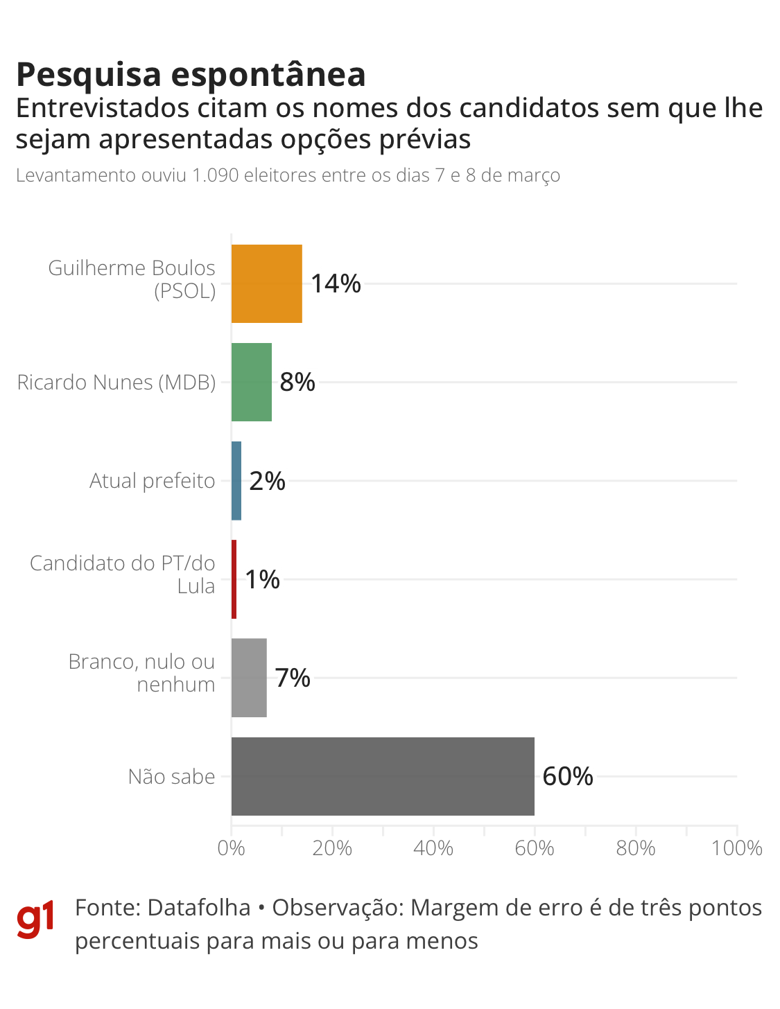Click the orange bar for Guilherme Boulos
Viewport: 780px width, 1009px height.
click(x=266, y=283)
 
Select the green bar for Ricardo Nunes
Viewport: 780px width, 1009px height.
click(x=251, y=382)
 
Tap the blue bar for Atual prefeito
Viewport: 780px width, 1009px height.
click(x=236, y=480)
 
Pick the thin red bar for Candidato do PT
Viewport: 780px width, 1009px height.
click(x=234, y=579)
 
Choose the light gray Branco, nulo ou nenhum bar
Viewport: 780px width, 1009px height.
click(x=249, y=678)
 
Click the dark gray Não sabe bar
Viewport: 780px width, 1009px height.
click(x=383, y=776)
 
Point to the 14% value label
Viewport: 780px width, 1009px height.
click(x=336, y=283)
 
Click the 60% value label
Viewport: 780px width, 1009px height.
click(x=568, y=776)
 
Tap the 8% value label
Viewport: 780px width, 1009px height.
click(x=297, y=382)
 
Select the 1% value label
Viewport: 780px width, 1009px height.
click(x=263, y=579)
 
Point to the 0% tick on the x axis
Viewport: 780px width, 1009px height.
click(x=231, y=848)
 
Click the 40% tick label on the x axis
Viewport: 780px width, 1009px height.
click(x=433, y=848)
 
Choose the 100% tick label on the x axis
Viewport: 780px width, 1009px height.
click(x=737, y=848)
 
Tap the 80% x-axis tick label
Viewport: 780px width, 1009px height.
click(x=636, y=848)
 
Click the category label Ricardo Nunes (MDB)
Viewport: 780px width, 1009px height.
click(x=116, y=382)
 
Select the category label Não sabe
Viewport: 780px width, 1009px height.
click(x=171, y=776)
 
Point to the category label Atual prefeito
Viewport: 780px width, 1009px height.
click(x=153, y=480)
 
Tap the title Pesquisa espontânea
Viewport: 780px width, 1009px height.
click(x=191, y=74)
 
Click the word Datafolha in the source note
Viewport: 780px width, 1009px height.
click(x=199, y=908)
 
